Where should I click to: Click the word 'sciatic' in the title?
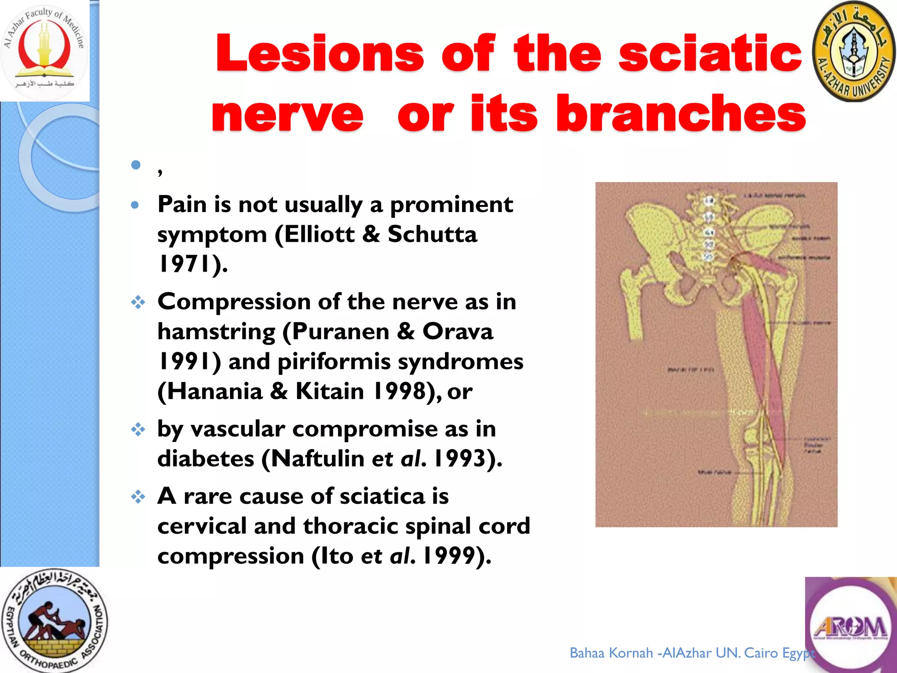point(710,53)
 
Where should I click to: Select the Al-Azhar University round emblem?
point(853,52)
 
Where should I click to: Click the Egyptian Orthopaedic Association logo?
point(53,620)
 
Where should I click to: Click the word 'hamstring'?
point(216,332)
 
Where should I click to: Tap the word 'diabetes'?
point(205,459)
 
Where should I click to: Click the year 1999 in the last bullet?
point(449,556)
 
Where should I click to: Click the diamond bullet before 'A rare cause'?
point(138,496)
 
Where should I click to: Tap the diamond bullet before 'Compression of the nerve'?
point(138,302)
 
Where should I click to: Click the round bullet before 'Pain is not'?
point(135,205)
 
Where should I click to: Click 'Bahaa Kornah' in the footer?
point(611,653)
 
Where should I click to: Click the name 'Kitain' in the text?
point(329,391)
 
